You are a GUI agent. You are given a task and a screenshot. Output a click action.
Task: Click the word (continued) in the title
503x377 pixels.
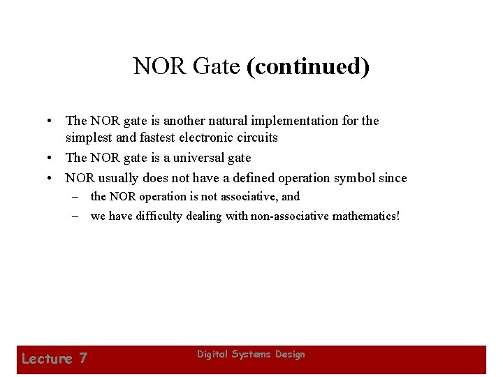click(308, 66)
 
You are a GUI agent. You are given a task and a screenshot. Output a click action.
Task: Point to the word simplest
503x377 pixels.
click(90, 138)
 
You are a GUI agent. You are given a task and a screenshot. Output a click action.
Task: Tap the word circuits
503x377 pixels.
click(258, 138)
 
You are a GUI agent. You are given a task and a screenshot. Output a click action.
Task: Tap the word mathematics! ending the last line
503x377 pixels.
click(367, 216)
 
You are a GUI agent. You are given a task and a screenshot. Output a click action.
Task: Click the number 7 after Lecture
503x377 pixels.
click(83, 359)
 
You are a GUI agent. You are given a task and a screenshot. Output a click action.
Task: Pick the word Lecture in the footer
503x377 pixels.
click(47, 359)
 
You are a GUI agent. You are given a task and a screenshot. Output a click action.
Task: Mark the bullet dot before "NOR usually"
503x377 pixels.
click(53, 179)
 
